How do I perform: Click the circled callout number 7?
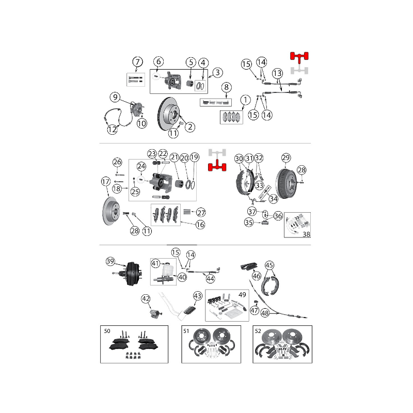coord(137,62)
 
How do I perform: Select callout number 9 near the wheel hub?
coord(115,97)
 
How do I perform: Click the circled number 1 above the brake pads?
coord(246,100)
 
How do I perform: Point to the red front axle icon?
coord(299,57)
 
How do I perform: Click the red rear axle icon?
coord(217,165)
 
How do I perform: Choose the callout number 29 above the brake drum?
coord(286,157)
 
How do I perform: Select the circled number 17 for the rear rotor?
coord(106,182)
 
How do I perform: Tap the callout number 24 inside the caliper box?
coord(141,166)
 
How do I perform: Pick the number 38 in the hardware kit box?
coord(306,234)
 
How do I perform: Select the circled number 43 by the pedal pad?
coord(198,295)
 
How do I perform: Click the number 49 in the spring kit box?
coord(242,294)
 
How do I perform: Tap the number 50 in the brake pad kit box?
coord(107,331)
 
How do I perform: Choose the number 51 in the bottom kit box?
coord(186,331)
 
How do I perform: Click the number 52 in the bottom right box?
coord(258,331)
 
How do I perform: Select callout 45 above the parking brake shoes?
coord(269,265)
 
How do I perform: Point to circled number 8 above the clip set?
coord(226,87)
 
